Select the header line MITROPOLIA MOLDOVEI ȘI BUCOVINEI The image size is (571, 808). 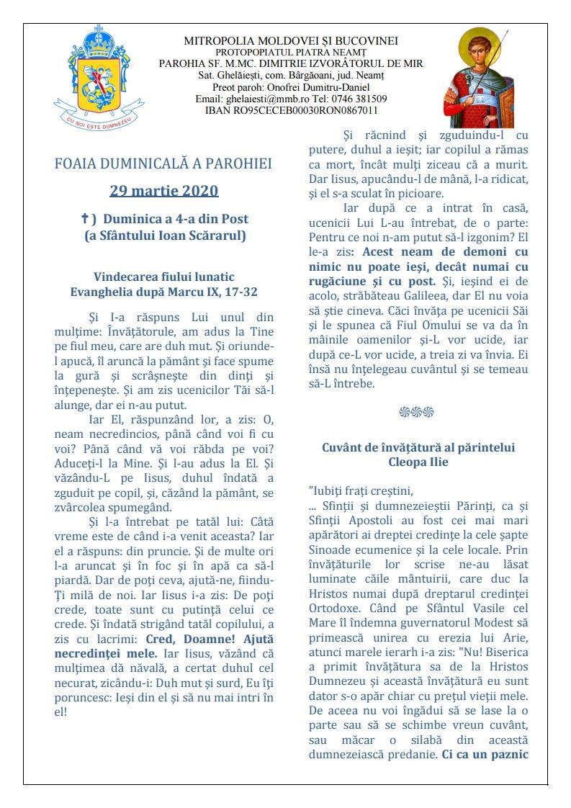click(x=291, y=41)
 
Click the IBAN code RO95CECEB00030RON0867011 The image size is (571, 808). click(x=291, y=110)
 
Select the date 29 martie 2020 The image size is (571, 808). click(x=164, y=191)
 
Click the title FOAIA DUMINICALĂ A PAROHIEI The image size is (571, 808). click(x=163, y=163)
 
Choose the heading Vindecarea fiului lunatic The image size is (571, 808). click(x=164, y=277)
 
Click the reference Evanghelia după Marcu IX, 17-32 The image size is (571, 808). click(x=164, y=292)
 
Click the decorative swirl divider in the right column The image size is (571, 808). click(x=416, y=412)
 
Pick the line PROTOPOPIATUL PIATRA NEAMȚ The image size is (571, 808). click(x=291, y=53)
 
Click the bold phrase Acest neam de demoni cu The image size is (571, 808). click(x=444, y=252)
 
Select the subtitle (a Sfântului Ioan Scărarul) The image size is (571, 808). click(x=164, y=235)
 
